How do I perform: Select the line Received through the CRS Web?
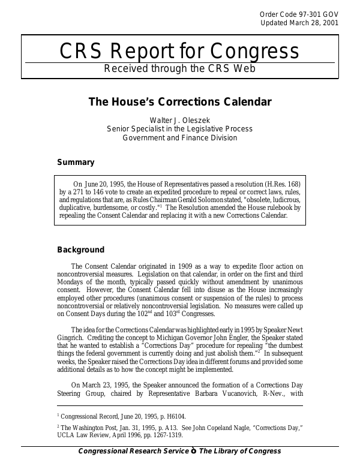point(180,68)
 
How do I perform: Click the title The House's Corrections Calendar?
point(179,102)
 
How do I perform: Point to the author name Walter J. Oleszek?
point(179,119)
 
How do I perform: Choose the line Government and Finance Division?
point(179,137)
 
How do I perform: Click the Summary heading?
point(75,162)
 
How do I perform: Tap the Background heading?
point(80,250)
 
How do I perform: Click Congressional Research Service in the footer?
point(133,451)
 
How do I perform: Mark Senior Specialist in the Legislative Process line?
point(179,128)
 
